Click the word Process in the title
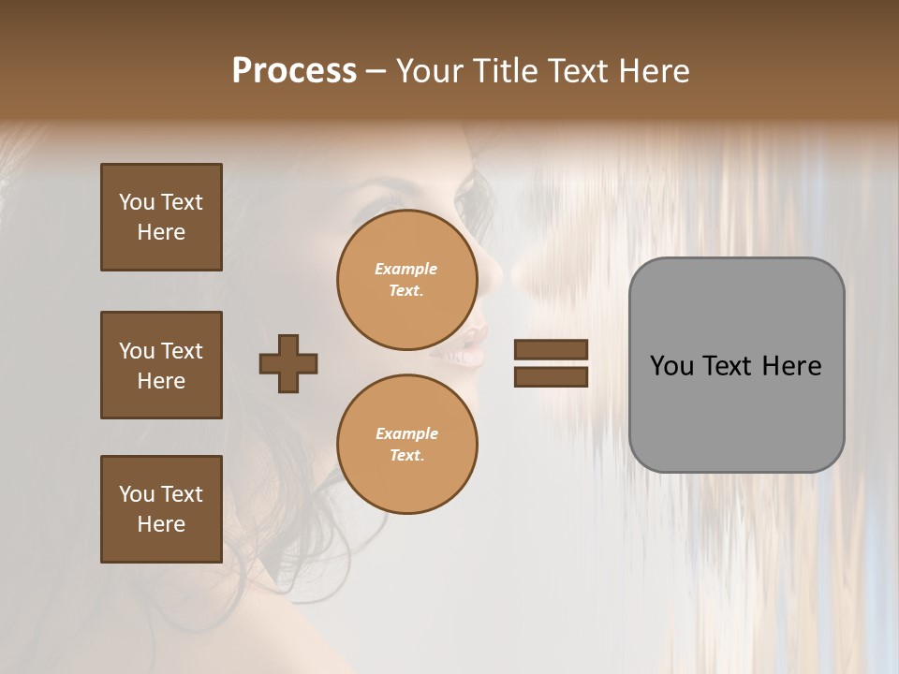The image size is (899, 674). pos(294,71)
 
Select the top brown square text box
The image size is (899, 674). pos(161,217)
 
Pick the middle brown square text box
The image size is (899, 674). pos(161,365)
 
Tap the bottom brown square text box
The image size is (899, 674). pos(161,509)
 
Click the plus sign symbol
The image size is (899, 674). pos(288,363)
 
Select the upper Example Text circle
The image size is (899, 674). pos(406,280)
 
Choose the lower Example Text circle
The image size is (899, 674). pos(406,445)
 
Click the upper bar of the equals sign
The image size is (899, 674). pos(551,350)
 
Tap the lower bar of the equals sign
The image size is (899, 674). pos(551,376)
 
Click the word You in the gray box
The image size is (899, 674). pos(671,366)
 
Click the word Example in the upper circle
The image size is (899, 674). pos(406,269)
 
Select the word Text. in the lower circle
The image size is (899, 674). pos(406,456)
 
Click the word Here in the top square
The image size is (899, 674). pos(161,232)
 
